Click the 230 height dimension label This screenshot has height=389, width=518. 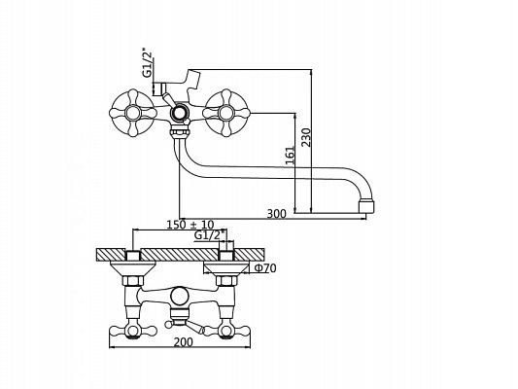click(306, 137)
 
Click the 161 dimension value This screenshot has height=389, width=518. click(290, 156)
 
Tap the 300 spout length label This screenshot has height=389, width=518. click(277, 214)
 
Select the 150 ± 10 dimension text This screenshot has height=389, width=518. click(190, 225)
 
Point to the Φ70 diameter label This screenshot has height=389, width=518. click(265, 268)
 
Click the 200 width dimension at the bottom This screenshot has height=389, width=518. click(184, 342)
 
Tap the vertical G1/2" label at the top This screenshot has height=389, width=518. click(149, 64)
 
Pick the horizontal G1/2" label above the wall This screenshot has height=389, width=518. click(210, 235)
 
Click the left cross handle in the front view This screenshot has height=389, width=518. click(132, 113)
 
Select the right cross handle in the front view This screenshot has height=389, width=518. click(225, 113)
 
